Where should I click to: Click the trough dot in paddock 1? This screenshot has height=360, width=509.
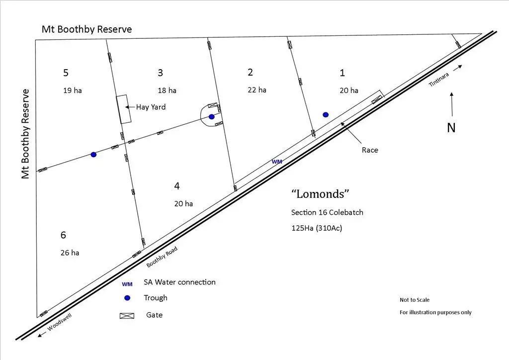tap(326, 114)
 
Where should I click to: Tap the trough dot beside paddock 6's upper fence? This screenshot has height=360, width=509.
tap(93, 155)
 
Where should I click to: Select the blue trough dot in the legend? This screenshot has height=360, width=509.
tap(127, 298)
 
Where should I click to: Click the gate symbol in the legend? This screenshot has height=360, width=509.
tap(127, 315)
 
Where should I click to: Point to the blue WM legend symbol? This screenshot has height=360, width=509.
tap(127, 284)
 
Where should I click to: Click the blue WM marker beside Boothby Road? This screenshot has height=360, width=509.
tap(277, 162)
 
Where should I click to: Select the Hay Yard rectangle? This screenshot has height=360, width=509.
tap(123, 109)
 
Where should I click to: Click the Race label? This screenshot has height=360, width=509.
tap(369, 150)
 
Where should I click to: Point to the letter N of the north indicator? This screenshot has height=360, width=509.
tap(451, 128)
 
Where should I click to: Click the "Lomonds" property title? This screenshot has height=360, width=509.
tap(317, 193)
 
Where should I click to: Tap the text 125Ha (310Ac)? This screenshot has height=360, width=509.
tap(317, 228)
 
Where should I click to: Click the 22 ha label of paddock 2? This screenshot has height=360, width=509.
tap(257, 90)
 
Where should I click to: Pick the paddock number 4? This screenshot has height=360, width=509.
tap(177, 186)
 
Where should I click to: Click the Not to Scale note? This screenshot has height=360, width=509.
tap(415, 300)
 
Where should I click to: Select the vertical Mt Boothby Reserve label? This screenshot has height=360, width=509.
tap(26, 134)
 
